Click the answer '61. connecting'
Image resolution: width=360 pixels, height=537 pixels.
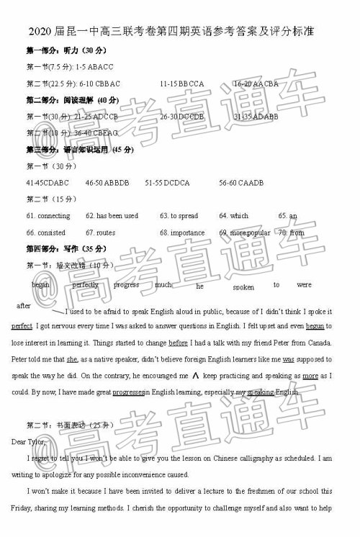48,216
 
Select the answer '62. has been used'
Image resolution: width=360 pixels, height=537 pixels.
112,216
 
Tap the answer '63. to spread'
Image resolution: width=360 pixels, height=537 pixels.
179,216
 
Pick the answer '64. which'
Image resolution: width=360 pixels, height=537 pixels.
234,216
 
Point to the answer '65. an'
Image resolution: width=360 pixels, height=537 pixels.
287,216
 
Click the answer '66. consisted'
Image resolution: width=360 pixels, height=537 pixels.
46,233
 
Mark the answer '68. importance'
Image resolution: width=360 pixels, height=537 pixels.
182,233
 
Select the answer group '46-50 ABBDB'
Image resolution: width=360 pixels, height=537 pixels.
107,183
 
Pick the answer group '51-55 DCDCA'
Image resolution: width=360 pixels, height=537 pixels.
167,183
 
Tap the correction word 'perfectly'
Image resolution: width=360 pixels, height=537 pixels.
86,285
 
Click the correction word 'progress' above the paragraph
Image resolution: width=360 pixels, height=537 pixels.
127,285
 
